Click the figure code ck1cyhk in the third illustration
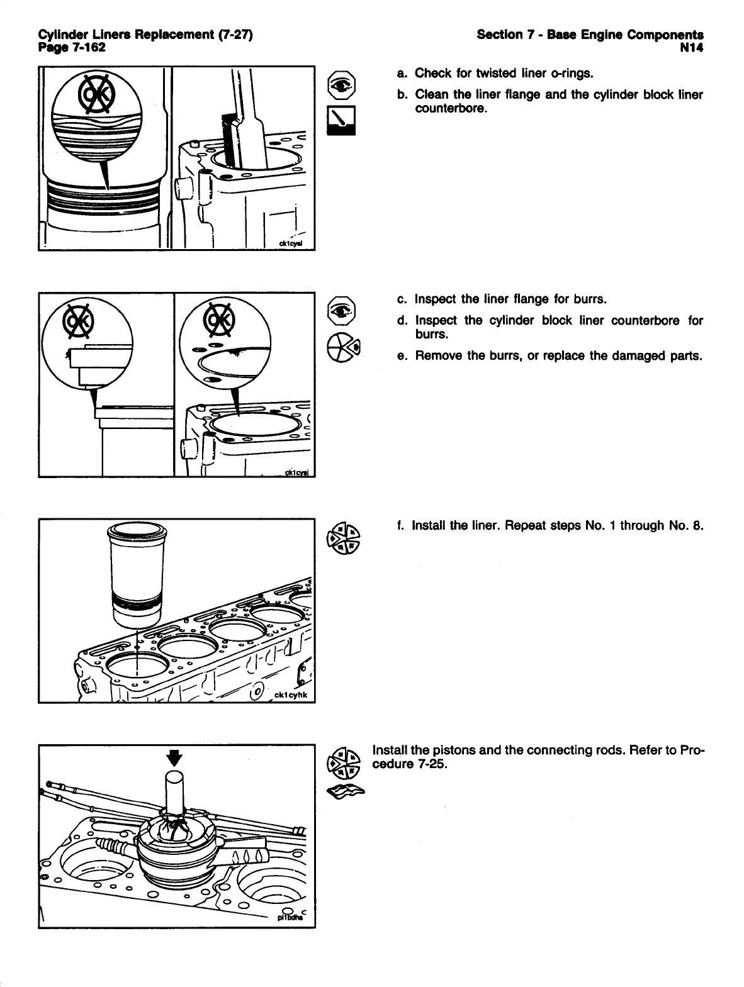[x=291, y=694]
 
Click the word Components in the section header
[x=665, y=35]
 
